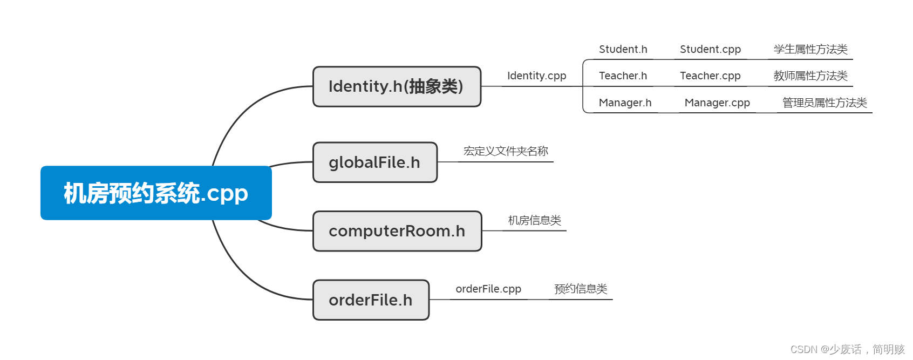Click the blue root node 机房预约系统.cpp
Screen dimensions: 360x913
tap(156, 193)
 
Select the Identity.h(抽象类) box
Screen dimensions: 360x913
tap(397, 86)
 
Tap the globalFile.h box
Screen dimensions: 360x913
tap(374, 162)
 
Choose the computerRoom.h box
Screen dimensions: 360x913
tap(397, 231)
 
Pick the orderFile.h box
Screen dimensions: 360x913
tap(371, 300)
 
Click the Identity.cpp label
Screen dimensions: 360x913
tap(536, 76)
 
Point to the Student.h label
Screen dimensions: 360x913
tap(623, 50)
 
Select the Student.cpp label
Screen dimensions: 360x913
tap(710, 50)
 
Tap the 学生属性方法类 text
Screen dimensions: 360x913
tap(810, 50)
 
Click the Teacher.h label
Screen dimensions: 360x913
tap(623, 76)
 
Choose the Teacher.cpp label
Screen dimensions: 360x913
tap(710, 76)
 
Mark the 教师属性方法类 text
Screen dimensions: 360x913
tap(810, 76)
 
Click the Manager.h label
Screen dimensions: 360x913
tap(625, 103)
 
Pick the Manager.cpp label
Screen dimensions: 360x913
tap(717, 103)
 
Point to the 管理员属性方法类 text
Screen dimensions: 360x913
tap(825, 103)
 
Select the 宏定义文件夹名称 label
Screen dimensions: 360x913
tap(506, 152)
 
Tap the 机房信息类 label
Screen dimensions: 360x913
tap(534, 220)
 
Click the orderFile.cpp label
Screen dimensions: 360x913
tap(488, 289)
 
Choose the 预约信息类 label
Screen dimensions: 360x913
tap(581, 289)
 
